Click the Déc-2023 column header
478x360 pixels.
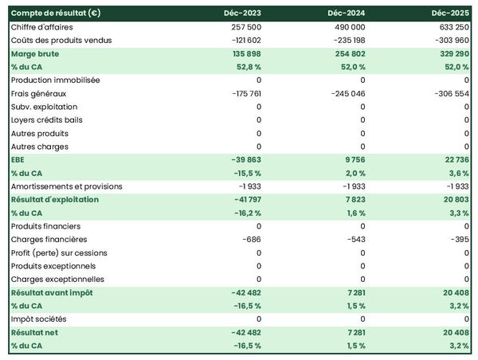click(x=242, y=14)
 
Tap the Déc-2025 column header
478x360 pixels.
click(x=450, y=14)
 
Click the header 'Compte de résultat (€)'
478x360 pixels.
click(x=55, y=14)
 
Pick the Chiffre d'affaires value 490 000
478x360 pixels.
click(x=349, y=27)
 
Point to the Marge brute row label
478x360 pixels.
click(x=35, y=53)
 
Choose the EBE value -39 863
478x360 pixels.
click(x=244, y=159)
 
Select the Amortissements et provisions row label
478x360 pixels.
click(x=67, y=186)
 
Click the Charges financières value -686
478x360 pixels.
click(x=250, y=239)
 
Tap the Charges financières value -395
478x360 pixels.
click(x=458, y=239)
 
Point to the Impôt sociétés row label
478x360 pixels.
click(x=40, y=319)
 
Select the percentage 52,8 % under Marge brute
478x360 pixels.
click(x=246, y=67)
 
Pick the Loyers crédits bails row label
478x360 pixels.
click(x=47, y=119)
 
